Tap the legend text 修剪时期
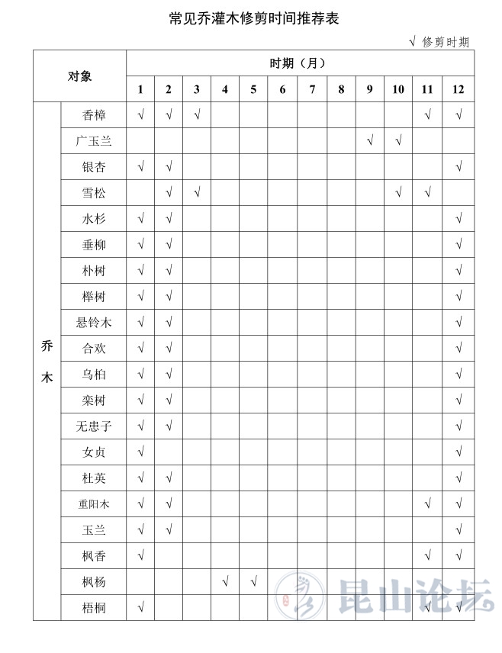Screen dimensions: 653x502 (x=446, y=43)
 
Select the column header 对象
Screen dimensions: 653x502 (x=79, y=76)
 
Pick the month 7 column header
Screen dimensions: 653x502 (x=312, y=89)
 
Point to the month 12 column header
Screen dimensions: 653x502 (x=458, y=89)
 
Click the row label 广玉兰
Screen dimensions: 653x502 (x=94, y=141)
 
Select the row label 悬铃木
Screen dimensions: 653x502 (x=94, y=323)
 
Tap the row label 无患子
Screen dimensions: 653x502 (x=94, y=426)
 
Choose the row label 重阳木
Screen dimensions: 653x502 (x=94, y=504)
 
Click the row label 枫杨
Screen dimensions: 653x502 (x=94, y=582)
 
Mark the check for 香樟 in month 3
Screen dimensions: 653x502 (x=197, y=115)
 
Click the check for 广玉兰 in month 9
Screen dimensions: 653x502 (x=369, y=141)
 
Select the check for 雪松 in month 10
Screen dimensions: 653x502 (x=398, y=193)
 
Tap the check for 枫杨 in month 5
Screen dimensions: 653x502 (x=253, y=582)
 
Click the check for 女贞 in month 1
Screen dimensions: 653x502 (x=140, y=452)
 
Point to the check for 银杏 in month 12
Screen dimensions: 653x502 (x=459, y=167)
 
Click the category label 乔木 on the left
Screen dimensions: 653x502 (x=47, y=361)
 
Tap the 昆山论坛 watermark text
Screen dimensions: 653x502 (x=416, y=596)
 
